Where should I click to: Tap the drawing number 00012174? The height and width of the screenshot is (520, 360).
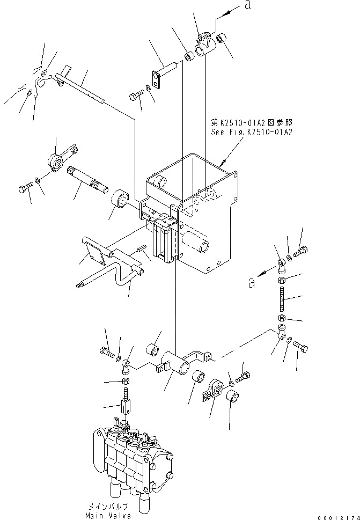point(337,516)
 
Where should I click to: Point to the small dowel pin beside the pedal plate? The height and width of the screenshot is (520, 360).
point(141,249)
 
